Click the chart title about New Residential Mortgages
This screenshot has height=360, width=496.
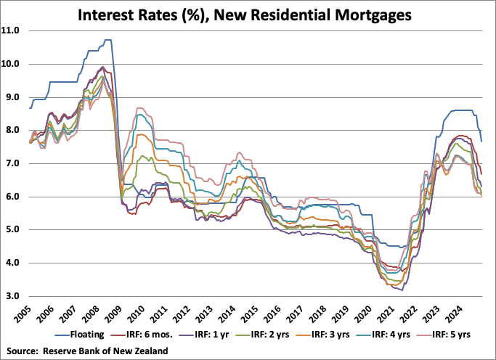(x=248, y=13)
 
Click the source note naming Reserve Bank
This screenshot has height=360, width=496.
(x=90, y=351)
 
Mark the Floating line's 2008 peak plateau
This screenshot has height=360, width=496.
(x=107, y=40)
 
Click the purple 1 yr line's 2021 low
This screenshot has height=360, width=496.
(x=399, y=289)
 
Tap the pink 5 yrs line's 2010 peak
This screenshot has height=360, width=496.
(x=143, y=109)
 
